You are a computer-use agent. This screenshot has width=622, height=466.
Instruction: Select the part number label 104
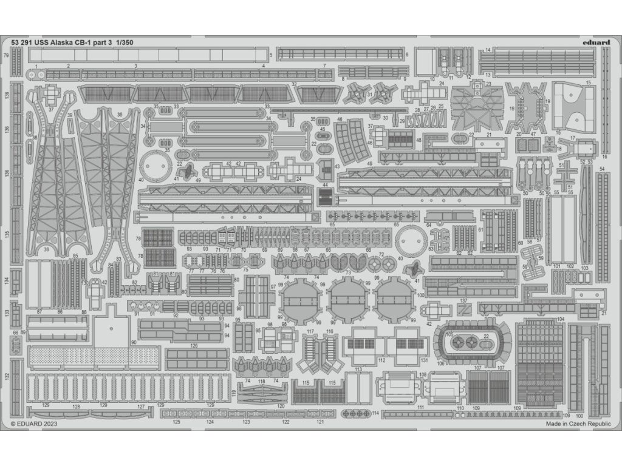point(560,319)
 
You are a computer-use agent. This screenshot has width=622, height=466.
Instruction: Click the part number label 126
point(194,346)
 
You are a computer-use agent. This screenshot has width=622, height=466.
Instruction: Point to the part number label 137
point(463,301)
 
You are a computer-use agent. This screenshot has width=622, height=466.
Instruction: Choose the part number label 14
point(488,50)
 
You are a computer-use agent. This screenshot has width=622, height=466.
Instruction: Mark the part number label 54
point(602,169)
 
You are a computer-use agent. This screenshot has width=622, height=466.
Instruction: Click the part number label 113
point(358,369)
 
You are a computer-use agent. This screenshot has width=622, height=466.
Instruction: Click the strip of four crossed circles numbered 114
point(356,413)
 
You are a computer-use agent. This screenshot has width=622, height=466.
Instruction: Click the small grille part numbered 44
point(326,197)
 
